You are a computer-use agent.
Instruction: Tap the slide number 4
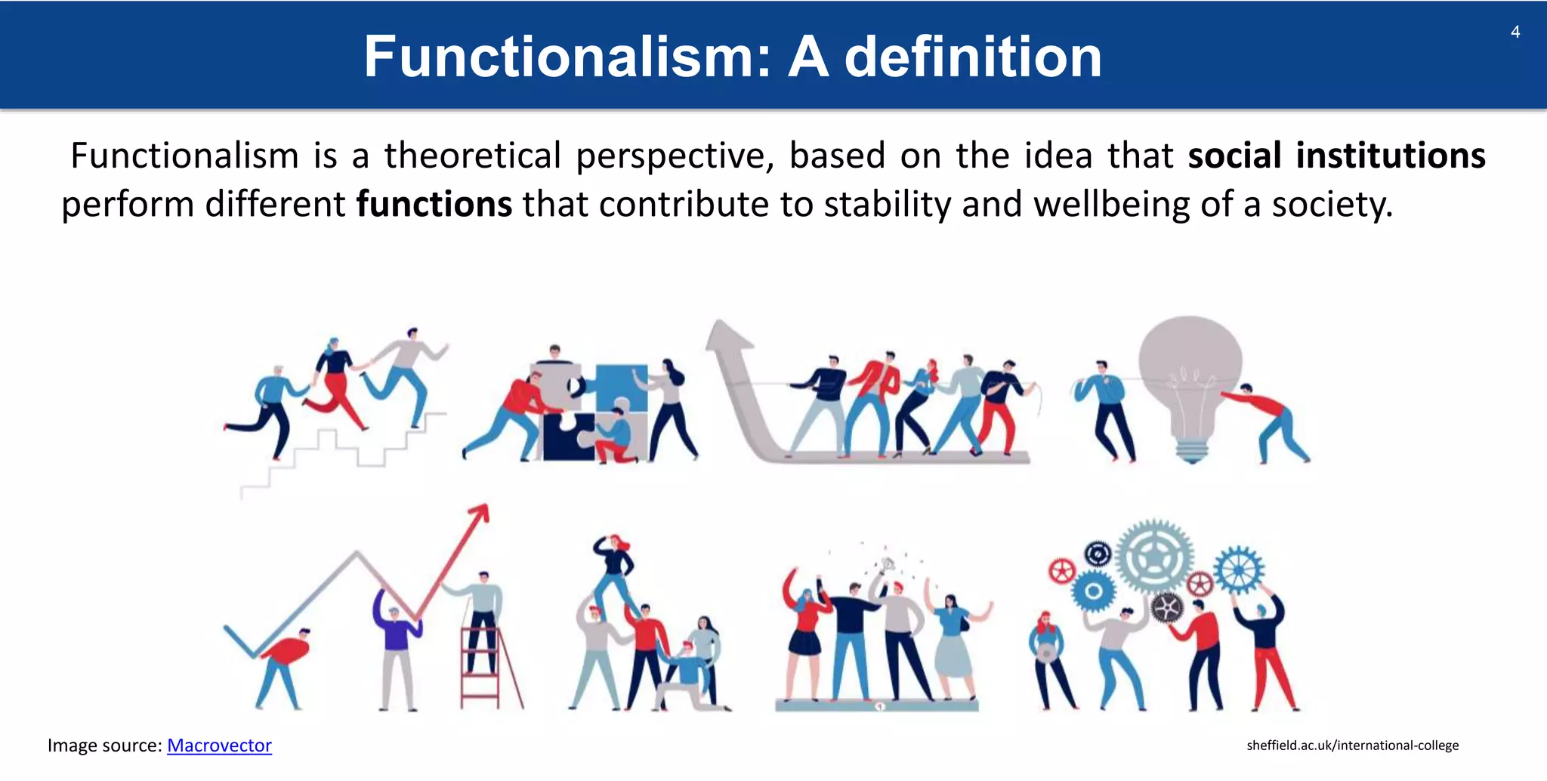(1515, 32)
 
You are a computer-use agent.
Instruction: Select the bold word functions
(434, 205)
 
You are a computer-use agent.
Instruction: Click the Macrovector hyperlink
(219, 745)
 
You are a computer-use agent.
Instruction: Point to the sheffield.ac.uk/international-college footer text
(1352, 745)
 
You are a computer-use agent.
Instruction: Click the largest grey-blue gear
(1153, 557)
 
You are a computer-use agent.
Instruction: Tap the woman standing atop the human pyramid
(616, 570)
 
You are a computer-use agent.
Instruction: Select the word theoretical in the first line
(472, 156)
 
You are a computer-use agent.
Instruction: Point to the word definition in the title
(973, 57)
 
